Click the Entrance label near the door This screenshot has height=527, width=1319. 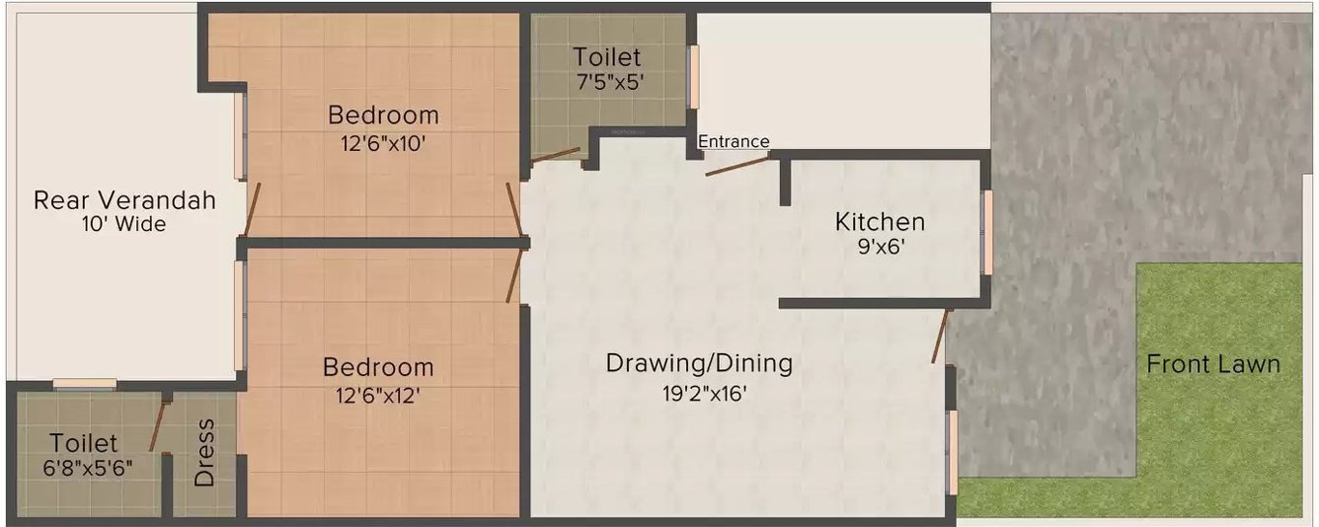click(734, 142)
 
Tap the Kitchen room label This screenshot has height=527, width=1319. click(880, 221)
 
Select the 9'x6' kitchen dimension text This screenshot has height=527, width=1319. click(880, 248)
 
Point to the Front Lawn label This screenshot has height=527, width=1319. click(1212, 364)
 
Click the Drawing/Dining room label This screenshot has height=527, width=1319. click(699, 363)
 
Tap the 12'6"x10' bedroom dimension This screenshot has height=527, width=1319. click(383, 143)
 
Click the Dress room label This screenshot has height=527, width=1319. click(204, 453)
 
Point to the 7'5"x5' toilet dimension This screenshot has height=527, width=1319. click(609, 83)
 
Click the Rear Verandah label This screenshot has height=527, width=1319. click(124, 200)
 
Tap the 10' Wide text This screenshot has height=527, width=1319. click(124, 225)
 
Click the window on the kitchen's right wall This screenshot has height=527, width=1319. click(986, 233)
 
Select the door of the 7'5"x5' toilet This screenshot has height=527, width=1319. click(555, 154)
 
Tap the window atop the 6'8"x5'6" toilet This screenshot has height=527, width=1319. click(85, 385)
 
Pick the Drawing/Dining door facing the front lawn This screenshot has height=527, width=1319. click(941, 337)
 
